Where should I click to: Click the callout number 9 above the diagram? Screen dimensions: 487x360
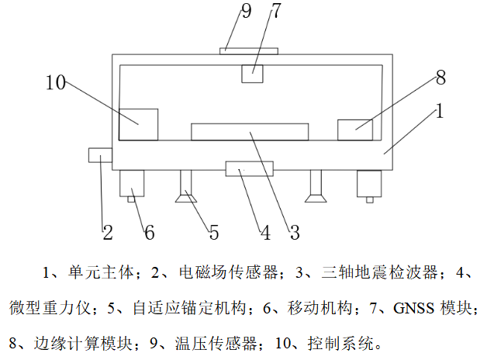[246, 11]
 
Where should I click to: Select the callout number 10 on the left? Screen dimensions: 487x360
[56, 82]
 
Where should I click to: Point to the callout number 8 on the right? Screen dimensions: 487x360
[440, 78]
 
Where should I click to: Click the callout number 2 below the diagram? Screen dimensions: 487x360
[108, 232]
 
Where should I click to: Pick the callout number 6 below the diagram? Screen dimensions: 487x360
[150, 232]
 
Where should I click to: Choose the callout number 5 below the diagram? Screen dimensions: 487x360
[214, 232]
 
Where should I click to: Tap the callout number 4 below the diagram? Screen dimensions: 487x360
[265, 232]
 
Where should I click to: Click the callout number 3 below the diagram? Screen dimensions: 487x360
[295, 232]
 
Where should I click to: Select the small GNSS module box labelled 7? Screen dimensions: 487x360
[252, 74]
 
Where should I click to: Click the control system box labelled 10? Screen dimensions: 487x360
[139, 125]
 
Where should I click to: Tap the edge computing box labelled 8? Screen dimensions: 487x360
[355, 130]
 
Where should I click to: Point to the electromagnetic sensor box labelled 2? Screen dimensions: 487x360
[100, 155]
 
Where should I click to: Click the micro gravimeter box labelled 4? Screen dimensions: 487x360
[250, 168]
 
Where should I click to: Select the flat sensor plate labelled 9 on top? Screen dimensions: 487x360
[249, 51]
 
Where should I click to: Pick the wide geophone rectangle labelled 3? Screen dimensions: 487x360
[250, 132]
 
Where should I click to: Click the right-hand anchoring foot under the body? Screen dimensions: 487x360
[316, 186]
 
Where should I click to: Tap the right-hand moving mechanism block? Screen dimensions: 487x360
[369, 185]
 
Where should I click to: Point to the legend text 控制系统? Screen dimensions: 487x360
[340, 344]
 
